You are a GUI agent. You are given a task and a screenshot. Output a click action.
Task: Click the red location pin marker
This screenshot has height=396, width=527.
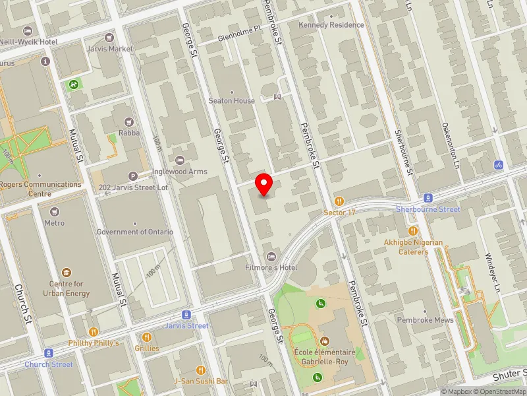click(x=264, y=184)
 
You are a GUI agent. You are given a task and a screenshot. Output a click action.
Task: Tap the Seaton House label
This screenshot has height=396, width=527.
click(x=231, y=101)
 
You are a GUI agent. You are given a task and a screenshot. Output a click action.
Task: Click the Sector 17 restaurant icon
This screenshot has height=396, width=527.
click(x=339, y=201)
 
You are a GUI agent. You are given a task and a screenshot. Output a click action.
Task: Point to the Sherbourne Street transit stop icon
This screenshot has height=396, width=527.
click(x=428, y=197)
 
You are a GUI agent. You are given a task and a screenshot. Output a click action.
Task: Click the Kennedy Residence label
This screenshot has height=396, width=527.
click(x=331, y=25)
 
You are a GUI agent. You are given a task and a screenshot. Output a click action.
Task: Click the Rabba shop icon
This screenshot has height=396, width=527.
click(x=128, y=121)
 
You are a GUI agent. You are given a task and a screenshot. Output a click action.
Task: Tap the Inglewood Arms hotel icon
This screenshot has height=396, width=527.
click(x=180, y=160)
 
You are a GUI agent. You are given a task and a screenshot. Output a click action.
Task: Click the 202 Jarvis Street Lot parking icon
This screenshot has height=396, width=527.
click(x=134, y=176)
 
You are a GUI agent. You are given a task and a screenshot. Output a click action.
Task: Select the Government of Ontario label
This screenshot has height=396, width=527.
click(x=134, y=232)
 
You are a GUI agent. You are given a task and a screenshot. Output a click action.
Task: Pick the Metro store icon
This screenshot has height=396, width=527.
click(x=54, y=212)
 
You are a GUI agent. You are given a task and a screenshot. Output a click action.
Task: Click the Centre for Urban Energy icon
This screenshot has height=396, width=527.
click(x=66, y=273)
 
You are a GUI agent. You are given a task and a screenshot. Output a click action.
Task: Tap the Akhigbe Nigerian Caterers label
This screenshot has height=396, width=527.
click(x=414, y=247)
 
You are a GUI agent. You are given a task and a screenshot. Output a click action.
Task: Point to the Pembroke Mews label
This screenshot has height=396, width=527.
click(x=425, y=320)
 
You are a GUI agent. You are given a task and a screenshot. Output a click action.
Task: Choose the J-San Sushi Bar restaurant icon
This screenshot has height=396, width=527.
click(x=200, y=370)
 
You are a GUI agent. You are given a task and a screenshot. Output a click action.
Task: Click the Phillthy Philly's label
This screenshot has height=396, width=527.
click(x=93, y=343)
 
